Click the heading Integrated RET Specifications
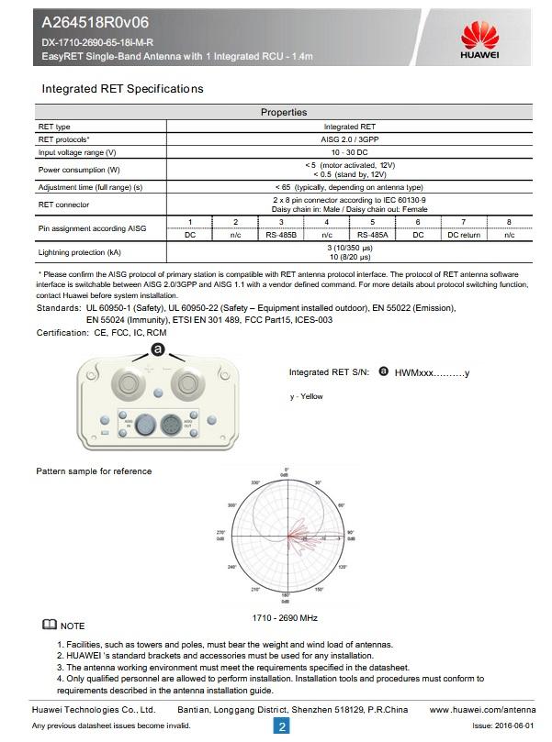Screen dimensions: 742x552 (122, 89)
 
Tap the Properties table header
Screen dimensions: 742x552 (284, 112)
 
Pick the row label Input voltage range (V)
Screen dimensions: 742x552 (76, 151)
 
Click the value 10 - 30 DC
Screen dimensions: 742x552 (349, 151)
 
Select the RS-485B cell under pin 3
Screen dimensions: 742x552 (281, 235)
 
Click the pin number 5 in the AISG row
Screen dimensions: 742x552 (372, 223)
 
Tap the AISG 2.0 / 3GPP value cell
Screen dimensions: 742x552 (349, 138)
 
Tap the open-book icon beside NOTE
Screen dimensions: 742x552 (48, 625)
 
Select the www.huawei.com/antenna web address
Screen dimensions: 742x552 (481, 710)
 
